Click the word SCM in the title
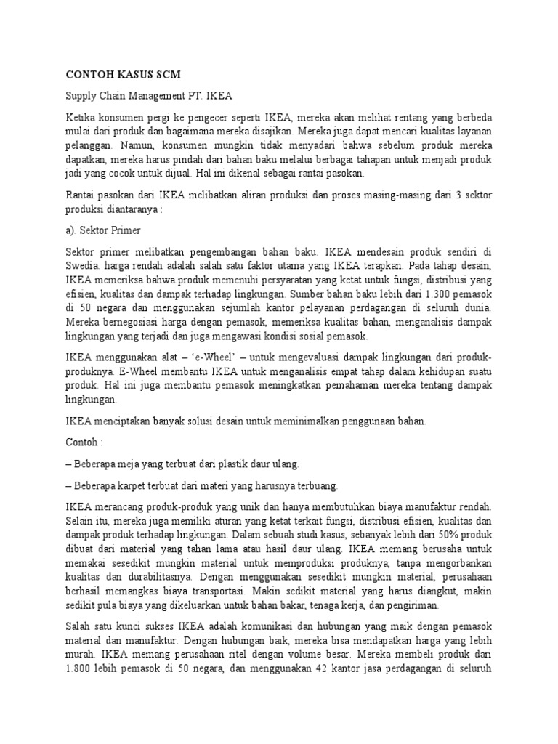[165, 74]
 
